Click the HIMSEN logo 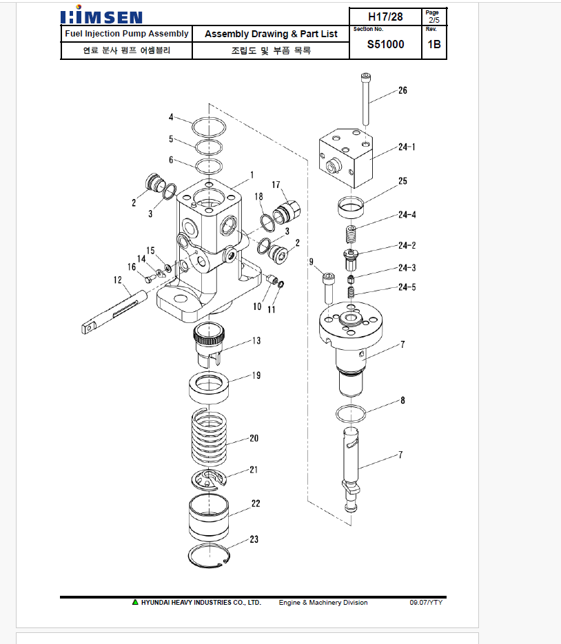pos(101,15)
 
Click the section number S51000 pos(385,44)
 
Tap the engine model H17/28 pos(385,17)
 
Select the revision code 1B pos(434,44)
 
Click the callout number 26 pos(402,90)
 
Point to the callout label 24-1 pos(407,147)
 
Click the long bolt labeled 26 pos(366,99)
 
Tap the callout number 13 pos(256,340)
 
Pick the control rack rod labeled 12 pos(114,312)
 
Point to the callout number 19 pos(256,375)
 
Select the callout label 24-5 pos(407,287)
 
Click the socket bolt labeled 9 pos(329,288)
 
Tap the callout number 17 pos(276,185)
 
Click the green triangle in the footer pos(135,602)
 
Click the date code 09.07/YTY pos(426,603)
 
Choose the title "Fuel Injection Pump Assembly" pos(127,34)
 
